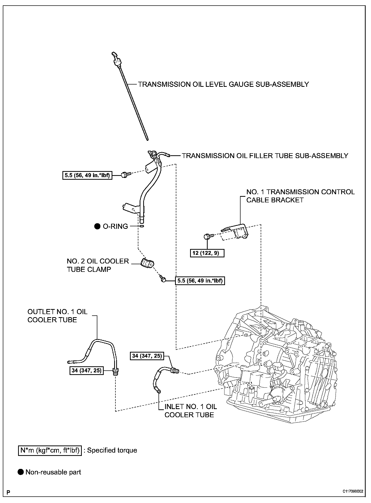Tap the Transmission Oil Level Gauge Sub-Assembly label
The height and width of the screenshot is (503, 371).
click(223, 84)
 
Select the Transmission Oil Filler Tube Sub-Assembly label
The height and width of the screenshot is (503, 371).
click(265, 156)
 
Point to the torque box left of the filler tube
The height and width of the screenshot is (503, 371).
click(87, 175)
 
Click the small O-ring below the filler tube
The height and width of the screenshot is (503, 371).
click(142, 226)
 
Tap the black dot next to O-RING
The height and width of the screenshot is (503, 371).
click(97, 226)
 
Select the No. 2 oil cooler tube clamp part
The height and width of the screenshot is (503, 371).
click(147, 263)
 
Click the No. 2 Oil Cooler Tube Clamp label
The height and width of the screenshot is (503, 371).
click(98, 265)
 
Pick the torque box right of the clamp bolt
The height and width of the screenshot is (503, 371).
click(200, 281)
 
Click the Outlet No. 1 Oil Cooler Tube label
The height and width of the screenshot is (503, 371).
click(57, 316)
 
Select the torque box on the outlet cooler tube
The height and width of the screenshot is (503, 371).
click(87, 371)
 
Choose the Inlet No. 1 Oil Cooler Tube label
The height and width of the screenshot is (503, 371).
click(191, 411)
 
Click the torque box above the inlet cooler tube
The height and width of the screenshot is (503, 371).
click(147, 356)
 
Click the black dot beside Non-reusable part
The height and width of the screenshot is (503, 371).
click(21, 472)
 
